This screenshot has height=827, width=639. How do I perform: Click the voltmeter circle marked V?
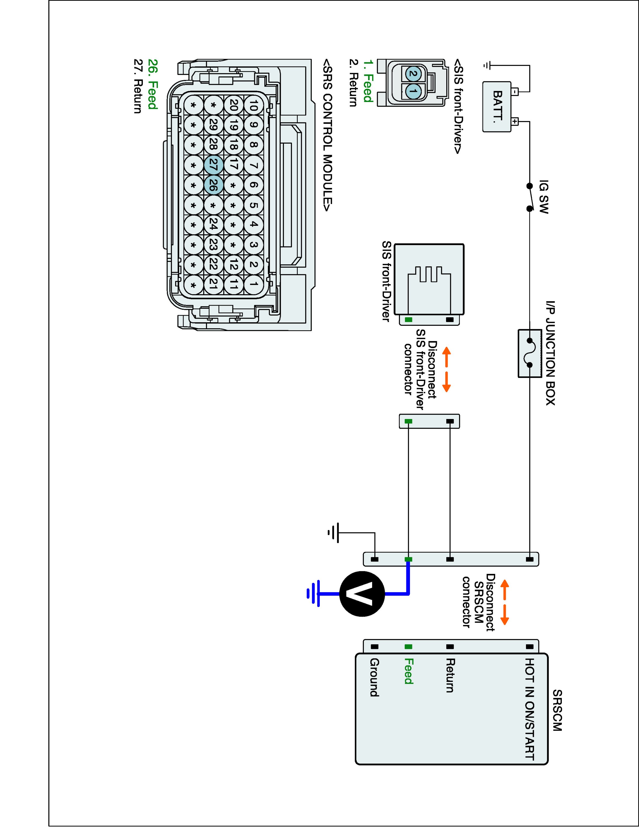[x=362, y=594]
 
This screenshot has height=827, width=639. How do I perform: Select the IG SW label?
[x=543, y=197]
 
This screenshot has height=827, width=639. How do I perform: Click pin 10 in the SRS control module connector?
[x=254, y=106]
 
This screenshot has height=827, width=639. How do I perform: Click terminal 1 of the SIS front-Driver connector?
[x=413, y=91]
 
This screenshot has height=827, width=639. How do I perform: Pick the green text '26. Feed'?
[x=152, y=84]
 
